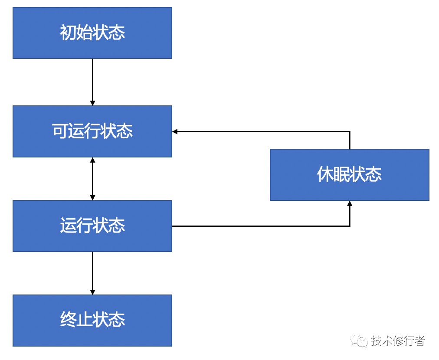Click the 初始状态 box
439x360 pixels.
click(92, 33)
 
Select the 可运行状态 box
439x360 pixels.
click(92, 131)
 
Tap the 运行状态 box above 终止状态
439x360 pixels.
click(92, 226)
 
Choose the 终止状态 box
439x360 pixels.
click(92, 321)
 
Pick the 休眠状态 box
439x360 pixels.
click(349, 175)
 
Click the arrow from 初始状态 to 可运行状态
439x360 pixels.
click(92, 82)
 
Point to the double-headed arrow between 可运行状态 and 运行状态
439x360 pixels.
click(92, 179)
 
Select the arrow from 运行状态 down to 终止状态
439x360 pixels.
click(92, 273)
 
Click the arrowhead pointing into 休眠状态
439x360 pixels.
click(350, 203)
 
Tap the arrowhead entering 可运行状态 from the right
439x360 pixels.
click(175, 131)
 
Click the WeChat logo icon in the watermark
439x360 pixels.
click(359, 340)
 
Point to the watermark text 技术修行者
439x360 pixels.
click(398, 340)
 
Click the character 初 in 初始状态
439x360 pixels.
click(68, 33)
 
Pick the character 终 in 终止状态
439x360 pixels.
click(68, 319)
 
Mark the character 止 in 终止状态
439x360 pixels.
click(84, 319)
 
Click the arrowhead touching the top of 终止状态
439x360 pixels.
click(92, 292)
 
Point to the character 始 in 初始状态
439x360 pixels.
click(84, 33)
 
